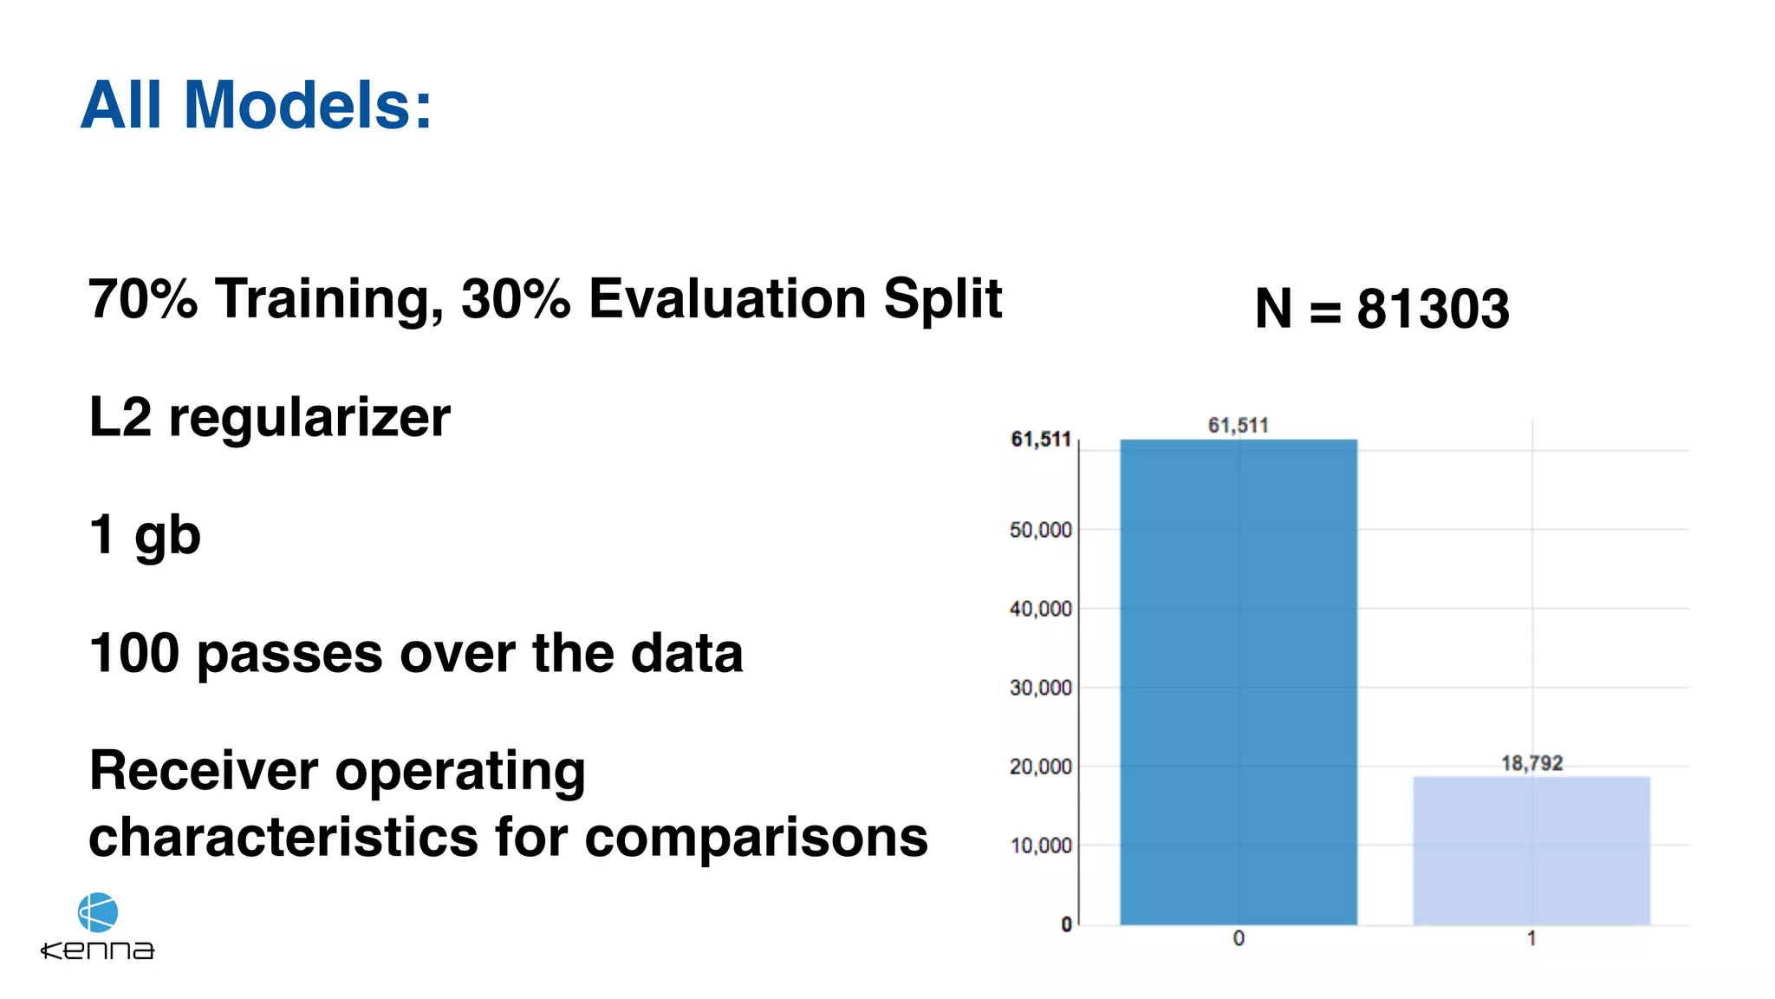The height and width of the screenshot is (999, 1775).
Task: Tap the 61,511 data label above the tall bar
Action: coord(1238,425)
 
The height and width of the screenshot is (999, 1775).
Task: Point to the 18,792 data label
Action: coord(1531,763)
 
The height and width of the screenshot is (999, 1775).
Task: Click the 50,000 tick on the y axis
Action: coord(1040,530)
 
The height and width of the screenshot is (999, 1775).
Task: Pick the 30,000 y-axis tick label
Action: coord(1040,688)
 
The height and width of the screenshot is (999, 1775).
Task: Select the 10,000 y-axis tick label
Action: coord(1040,846)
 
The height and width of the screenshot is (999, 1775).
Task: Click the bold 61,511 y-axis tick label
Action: coord(1040,440)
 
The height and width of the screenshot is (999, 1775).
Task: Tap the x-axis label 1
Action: coord(1531,938)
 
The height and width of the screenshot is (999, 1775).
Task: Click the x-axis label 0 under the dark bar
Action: coord(1239,938)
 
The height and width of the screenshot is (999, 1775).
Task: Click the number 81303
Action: coord(1433,309)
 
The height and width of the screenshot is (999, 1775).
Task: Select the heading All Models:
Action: coord(256,105)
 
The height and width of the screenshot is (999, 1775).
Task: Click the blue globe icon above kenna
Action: coord(98,912)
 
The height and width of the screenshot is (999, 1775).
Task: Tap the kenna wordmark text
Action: coord(98,950)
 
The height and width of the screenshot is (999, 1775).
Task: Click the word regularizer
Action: coord(309,418)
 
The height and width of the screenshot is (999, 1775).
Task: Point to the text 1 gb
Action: coord(145,534)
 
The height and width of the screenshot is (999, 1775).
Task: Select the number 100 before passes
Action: coord(133,653)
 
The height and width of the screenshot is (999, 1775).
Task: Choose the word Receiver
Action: coord(203,771)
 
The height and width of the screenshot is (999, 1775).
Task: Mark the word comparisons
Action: coord(756,838)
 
